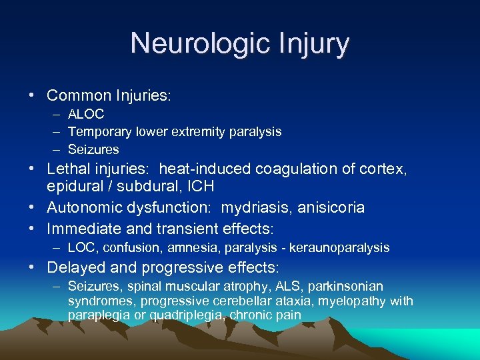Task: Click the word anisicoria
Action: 329,207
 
